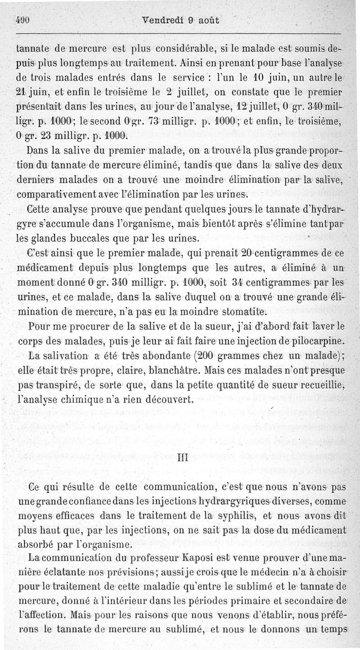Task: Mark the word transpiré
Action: pos(56,386)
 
